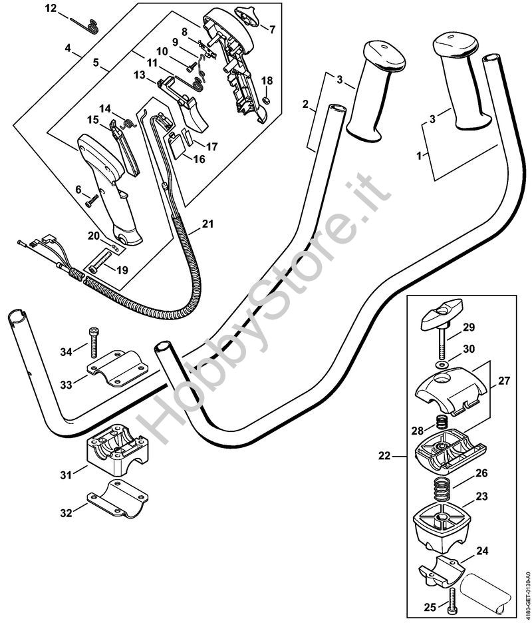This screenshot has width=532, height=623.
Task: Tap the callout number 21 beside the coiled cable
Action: pos(207,225)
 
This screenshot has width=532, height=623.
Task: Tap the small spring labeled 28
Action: pos(439,423)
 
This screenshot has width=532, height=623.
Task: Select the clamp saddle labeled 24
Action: pos(442,573)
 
